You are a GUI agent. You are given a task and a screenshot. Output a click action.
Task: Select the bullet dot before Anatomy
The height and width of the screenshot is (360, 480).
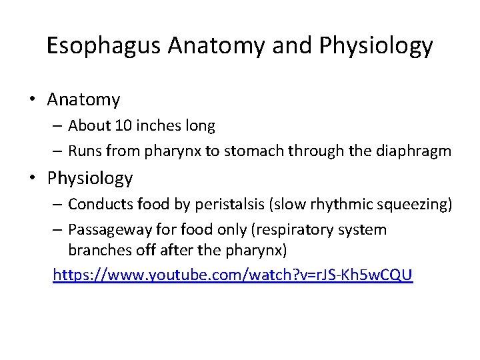tap(32, 101)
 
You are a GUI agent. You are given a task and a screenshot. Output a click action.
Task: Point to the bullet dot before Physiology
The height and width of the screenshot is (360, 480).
tap(32, 179)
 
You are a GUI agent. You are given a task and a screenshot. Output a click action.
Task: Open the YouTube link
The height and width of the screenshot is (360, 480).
tap(233, 274)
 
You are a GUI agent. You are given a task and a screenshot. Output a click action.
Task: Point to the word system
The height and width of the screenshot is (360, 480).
tap(363, 230)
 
